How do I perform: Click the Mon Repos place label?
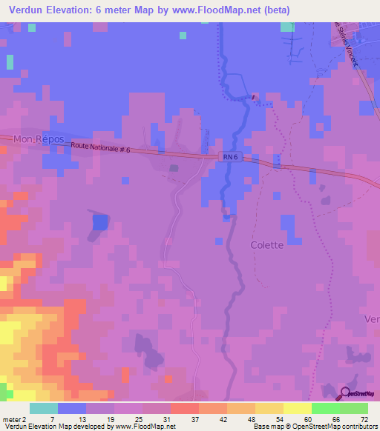point(39,139)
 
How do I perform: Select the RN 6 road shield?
point(230,156)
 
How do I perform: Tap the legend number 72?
point(364,419)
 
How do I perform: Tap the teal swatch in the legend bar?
point(44,408)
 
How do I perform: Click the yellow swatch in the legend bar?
point(298,408)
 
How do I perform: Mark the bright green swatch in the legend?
point(326,408)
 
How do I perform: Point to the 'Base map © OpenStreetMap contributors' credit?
point(314,427)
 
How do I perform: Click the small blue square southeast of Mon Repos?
point(99,222)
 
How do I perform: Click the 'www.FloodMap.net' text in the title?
point(225,10)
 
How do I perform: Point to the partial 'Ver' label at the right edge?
point(372,318)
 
